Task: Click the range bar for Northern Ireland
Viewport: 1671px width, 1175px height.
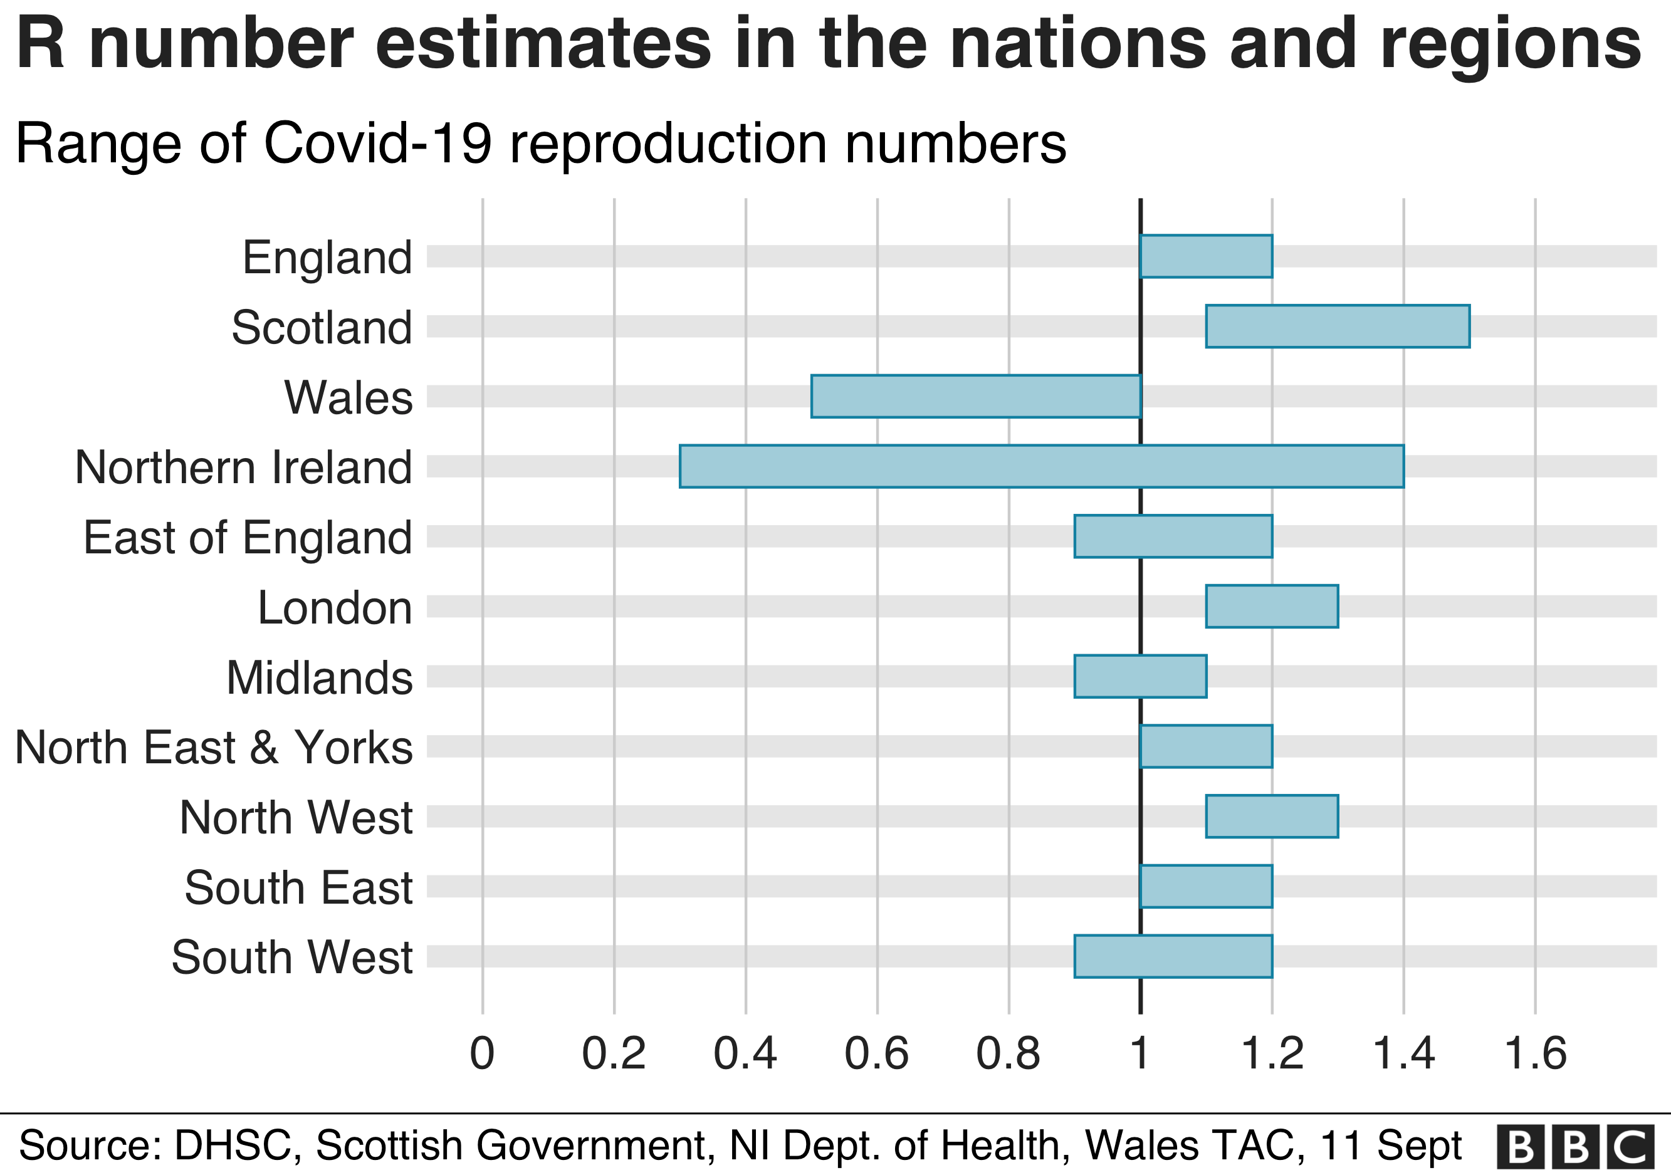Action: [x=1042, y=466]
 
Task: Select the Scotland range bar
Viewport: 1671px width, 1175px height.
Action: [x=1338, y=326]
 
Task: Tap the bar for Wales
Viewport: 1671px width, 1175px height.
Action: [x=975, y=397]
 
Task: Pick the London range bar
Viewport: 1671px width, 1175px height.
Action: [x=1272, y=606]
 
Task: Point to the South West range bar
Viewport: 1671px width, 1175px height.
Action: [x=1173, y=956]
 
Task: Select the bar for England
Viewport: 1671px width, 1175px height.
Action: [x=1206, y=257]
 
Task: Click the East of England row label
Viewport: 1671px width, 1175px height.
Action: [x=248, y=538]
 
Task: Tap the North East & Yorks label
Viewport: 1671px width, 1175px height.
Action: [x=213, y=747]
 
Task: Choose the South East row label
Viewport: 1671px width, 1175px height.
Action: [x=298, y=887]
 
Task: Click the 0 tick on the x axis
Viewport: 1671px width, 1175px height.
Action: [x=482, y=1053]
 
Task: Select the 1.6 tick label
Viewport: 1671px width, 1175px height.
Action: [x=1535, y=1053]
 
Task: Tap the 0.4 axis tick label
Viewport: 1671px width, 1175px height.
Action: [x=745, y=1053]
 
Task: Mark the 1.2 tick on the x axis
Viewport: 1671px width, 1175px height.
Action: [x=1272, y=1053]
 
